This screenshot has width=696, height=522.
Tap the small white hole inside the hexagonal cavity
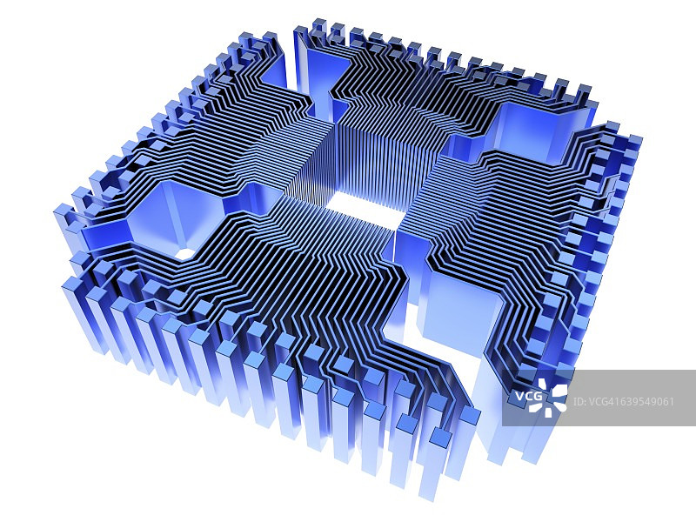[x=185, y=253]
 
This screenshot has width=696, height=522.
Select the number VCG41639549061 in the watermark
[x=630, y=402]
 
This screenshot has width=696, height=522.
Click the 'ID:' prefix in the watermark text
[x=579, y=402]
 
